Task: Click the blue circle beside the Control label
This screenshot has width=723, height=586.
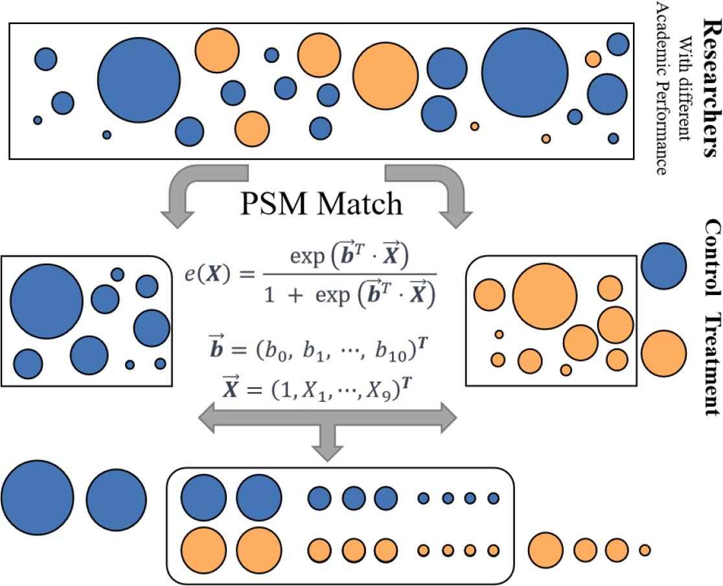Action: coord(663,265)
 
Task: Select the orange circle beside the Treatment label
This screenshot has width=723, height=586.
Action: coord(663,352)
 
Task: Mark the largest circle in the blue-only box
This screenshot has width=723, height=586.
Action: coord(47,301)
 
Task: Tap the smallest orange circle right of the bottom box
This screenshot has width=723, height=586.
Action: coord(644,550)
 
